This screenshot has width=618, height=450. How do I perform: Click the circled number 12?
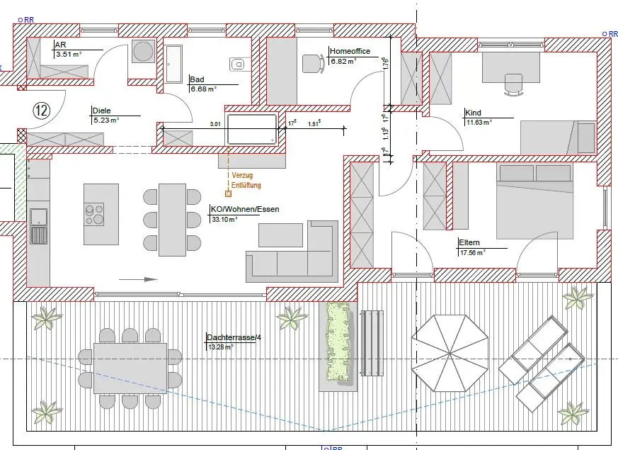pos(42,111)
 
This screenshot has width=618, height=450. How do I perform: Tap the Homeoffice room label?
pos(350,51)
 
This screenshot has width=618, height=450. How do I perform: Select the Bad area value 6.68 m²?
pos(204,89)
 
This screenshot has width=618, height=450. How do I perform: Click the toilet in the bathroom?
pos(238,64)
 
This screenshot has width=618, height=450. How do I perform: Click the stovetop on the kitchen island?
pos(94,214)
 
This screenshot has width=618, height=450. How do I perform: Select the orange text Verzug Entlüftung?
pos(246,180)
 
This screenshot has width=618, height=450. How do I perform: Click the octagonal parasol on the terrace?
pos(450,353)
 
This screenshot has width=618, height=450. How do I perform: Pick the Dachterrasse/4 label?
pos(234,337)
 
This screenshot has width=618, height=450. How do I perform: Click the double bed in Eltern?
pos(534,201)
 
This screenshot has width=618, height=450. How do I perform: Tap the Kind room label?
pos(473,113)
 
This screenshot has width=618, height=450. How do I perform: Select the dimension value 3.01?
pos(215,124)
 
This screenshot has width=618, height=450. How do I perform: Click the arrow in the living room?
pos(138,280)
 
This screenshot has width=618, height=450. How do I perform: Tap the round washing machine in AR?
pos(143,51)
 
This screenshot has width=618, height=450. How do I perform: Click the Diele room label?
pos(101,111)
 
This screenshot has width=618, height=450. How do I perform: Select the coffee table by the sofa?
pos(280,235)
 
